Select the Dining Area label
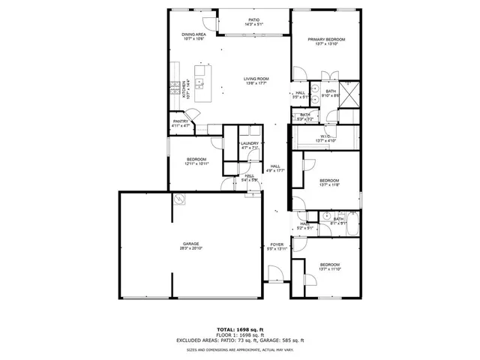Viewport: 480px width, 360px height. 193,34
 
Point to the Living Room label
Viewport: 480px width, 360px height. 256,79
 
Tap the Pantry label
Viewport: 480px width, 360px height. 181,121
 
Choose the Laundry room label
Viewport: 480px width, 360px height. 250,143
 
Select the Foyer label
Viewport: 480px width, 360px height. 277,244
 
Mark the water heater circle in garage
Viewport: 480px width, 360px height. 180,199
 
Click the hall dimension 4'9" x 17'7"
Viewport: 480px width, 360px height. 275,171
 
